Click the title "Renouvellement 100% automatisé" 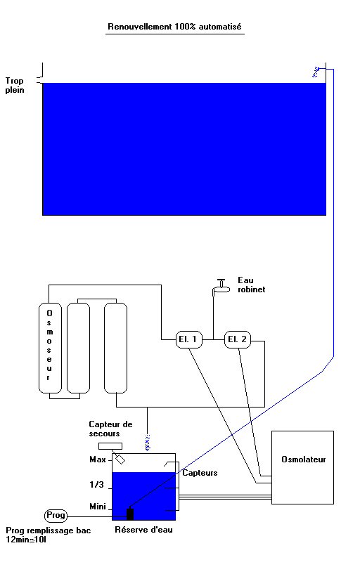point(175,27)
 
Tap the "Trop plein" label point(15,85)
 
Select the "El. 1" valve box point(189,339)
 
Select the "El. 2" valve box point(238,339)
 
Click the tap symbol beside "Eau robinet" point(221,287)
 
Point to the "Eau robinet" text point(252,285)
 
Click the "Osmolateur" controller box point(302,467)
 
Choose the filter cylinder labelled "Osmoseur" point(50,348)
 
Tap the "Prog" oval point(56,515)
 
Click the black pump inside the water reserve point(130,514)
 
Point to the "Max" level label point(98,460)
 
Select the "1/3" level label point(96,485)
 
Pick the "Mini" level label point(98,507)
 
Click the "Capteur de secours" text point(110,429)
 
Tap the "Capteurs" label point(200,473)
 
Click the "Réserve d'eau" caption point(143,530)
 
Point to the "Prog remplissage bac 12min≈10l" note point(48,535)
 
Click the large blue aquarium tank point(184,149)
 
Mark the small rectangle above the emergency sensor point(110,446)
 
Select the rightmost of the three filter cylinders point(115,348)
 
